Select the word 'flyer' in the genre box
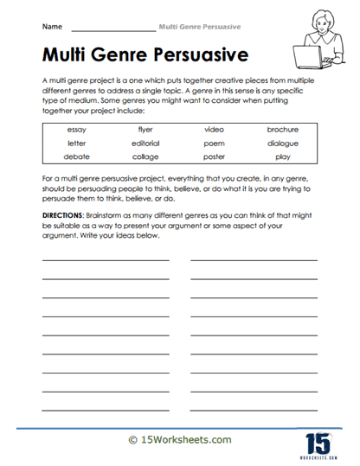click(145, 129)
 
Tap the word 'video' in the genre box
click(214, 129)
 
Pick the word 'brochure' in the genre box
click(283, 129)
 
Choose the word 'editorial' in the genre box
click(145, 143)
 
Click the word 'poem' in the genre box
click(214, 143)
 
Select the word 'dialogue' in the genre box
click(283, 143)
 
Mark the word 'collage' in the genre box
click(145, 156)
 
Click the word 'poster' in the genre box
click(214, 156)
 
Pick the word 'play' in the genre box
click(283, 156)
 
